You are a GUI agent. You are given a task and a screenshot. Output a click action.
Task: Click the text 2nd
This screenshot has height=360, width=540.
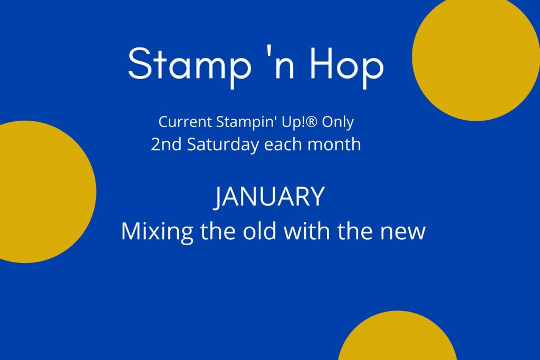pos(166,144)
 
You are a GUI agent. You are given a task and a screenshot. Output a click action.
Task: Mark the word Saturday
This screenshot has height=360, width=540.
pos(223,145)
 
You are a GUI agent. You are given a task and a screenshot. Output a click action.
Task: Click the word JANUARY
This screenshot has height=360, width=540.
pos(269,197)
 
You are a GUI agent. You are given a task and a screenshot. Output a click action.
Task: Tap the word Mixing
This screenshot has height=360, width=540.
pos(157,232)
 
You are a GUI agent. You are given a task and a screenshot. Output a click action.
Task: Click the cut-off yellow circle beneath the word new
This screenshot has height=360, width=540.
pos(398,337)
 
